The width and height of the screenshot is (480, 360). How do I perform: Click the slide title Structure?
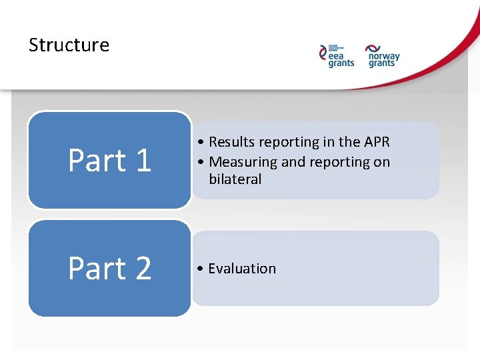click(x=69, y=45)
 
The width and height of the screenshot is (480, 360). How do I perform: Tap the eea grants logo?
click(x=337, y=55)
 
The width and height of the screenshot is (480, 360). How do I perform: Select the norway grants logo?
click(x=383, y=55)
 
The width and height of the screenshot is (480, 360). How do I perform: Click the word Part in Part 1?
click(x=97, y=161)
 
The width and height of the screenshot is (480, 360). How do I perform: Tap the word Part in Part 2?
click(x=97, y=269)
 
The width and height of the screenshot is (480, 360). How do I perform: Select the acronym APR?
click(x=377, y=142)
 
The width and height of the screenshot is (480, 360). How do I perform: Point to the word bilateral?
click(x=235, y=179)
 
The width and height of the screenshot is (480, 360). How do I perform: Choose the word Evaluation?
click(x=242, y=269)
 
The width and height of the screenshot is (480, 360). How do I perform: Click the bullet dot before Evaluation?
click(x=201, y=269)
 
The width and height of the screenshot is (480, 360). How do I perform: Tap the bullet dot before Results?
click(x=201, y=142)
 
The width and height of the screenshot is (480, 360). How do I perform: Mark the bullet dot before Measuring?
click(x=201, y=162)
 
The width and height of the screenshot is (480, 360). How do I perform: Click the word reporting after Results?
click(x=285, y=142)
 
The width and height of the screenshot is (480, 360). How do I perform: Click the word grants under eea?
click(x=341, y=63)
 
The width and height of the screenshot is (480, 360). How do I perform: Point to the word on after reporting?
click(x=383, y=162)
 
